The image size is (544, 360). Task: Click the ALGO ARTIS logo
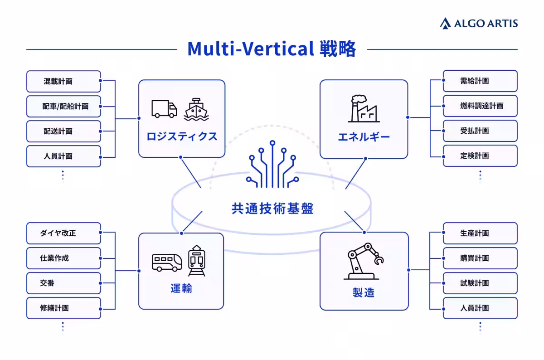(x=479, y=23)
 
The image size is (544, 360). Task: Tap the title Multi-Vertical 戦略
(x=272, y=49)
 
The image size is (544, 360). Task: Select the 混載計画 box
(x=63, y=81)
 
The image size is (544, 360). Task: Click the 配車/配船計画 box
(x=63, y=107)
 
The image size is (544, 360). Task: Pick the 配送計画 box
(x=63, y=131)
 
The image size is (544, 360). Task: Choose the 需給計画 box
(x=480, y=81)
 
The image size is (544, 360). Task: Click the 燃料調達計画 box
(x=480, y=106)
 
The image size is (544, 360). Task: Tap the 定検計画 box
(x=480, y=156)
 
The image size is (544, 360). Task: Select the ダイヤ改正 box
(x=63, y=233)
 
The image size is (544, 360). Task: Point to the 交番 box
(x=63, y=283)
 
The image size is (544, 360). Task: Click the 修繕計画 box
(x=63, y=308)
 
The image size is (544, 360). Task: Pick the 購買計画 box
(x=480, y=258)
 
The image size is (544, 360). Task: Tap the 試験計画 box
(x=480, y=283)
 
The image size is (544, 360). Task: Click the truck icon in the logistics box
(x=164, y=109)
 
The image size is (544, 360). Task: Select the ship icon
(x=196, y=109)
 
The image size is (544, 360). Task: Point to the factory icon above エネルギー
(x=364, y=108)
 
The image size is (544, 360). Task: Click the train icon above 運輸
(x=197, y=261)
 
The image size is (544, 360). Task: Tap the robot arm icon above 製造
(x=364, y=261)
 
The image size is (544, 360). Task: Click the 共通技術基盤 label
(x=272, y=209)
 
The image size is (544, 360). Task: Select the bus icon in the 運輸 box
(x=167, y=263)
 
